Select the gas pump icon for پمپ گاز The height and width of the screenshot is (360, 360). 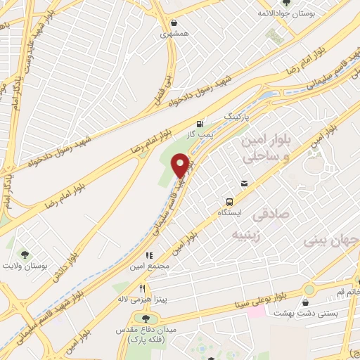pyautogui.click(x=202, y=122)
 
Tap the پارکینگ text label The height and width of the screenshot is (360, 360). pyautogui.click(x=236, y=114)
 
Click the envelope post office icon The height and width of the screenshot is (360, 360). pyautogui.click(x=244, y=183)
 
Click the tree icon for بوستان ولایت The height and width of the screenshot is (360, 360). pyautogui.click(x=26, y=255)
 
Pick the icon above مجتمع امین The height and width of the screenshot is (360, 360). pyautogui.click(x=148, y=255)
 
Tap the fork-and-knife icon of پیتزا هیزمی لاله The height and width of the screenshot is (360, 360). pyautogui.click(x=142, y=288)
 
